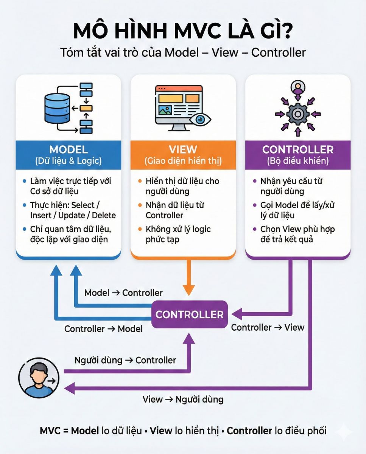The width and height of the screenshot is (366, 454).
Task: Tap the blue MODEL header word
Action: [68, 149]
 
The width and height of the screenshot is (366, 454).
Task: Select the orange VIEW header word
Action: [183, 149]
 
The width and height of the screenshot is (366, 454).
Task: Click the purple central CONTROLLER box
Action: [189, 314]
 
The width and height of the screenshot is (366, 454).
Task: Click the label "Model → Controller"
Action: [123, 293]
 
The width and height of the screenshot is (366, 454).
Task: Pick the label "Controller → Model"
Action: [103, 329]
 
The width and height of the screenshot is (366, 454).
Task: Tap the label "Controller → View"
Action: [268, 327]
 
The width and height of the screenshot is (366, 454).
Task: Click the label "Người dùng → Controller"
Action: [125, 360]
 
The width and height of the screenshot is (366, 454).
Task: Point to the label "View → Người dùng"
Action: [183, 399]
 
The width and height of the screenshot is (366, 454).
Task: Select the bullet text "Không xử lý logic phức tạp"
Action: [178, 234]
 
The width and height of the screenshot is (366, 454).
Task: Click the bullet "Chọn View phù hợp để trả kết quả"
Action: [297, 234]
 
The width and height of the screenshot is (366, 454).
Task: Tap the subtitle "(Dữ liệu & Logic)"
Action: [68, 161]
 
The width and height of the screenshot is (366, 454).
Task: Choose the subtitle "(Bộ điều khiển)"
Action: [298, 161]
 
